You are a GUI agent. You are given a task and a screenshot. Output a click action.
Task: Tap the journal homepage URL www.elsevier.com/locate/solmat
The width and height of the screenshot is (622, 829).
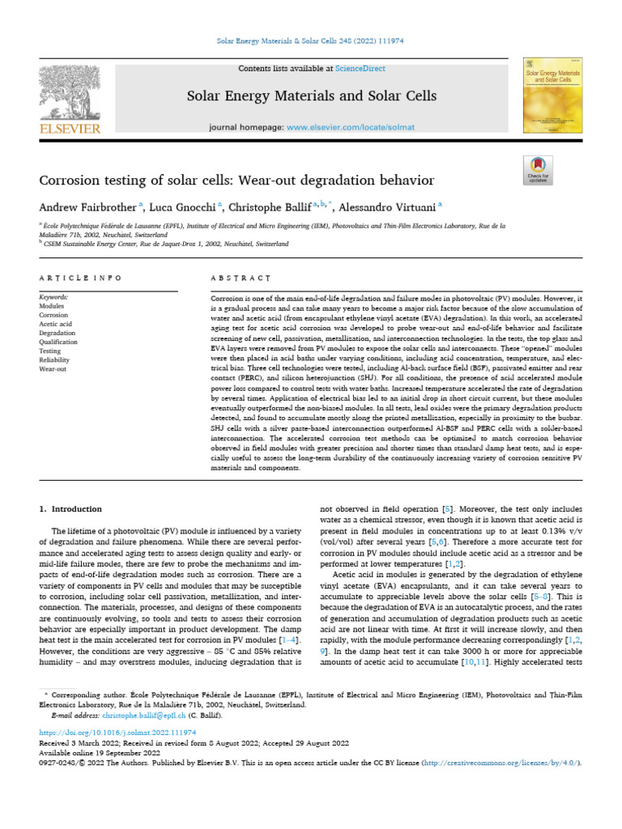(351, 128)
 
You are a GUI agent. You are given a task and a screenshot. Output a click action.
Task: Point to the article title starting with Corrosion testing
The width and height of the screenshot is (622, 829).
(236, 180)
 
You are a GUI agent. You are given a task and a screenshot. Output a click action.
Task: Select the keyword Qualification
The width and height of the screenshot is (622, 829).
(59, 342)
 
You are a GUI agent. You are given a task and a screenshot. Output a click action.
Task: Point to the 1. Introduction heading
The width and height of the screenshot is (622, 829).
(71, 509)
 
